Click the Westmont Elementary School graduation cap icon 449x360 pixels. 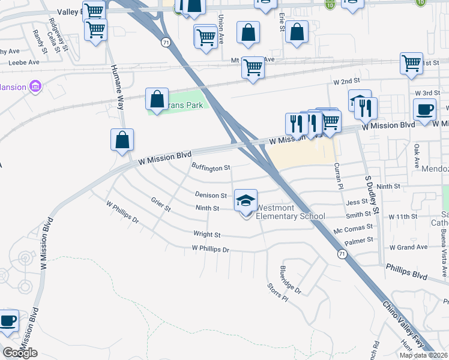246,201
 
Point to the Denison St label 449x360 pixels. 211,195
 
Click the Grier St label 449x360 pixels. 161,205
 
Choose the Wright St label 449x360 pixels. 207,235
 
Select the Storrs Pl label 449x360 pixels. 277,298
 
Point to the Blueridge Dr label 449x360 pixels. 291,280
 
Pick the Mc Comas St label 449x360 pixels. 354,228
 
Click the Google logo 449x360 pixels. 20,353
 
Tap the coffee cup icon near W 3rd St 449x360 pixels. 425,110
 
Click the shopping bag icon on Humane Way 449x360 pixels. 122,140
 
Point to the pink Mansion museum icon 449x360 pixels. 35,87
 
